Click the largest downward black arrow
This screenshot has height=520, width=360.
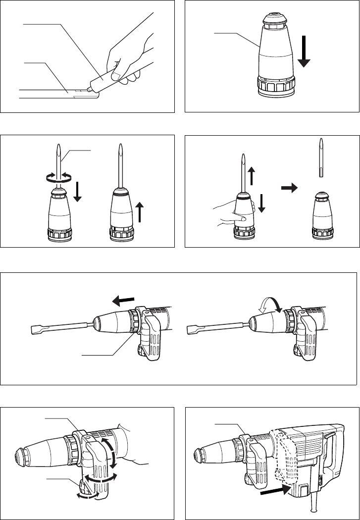coord(304,54)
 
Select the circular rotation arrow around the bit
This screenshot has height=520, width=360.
coord(59,175)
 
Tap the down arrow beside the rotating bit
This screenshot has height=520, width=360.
coord(78,190)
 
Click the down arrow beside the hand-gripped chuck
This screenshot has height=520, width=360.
coord(262,203)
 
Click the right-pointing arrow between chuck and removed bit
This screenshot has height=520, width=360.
coord(289,188)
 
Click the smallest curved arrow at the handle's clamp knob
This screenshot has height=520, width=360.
coord(84,495)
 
